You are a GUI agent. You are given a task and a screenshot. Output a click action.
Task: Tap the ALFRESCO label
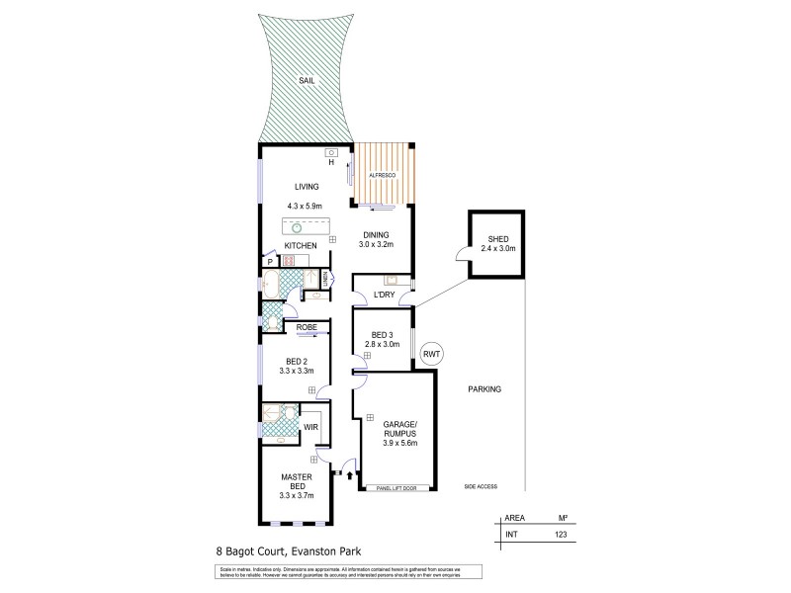pyautogui.click(x=383, y=174)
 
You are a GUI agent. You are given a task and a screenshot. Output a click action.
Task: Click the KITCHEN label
pyautogui.click(x=301, y=244)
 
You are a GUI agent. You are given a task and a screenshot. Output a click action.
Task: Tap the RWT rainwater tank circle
pyautogui.click(x=431, y=354)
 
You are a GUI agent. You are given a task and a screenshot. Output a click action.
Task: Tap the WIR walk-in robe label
pyautogui.click(x=309, y=427)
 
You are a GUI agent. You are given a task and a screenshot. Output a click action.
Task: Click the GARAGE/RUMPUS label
pyautogui.click(x=400, y=428)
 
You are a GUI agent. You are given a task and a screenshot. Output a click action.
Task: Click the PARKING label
pyautogui.click(x=484, y=389)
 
